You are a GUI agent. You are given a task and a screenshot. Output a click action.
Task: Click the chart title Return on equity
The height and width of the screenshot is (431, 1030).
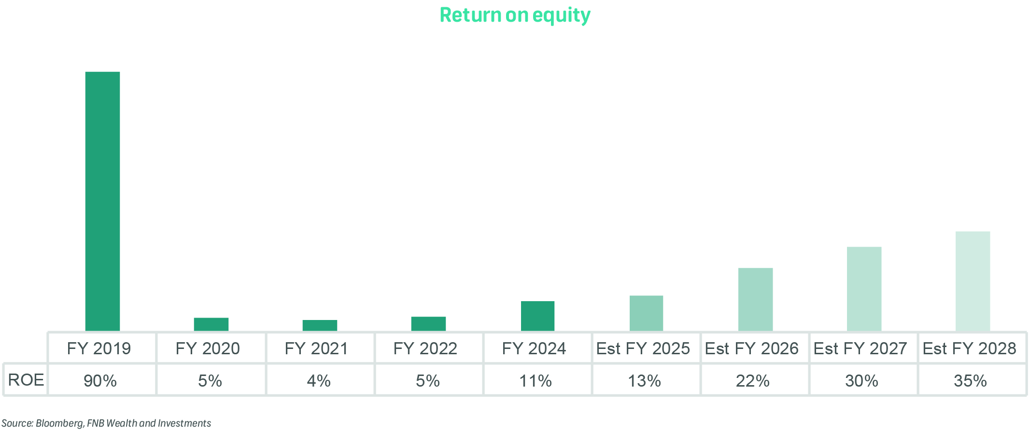[515, 15]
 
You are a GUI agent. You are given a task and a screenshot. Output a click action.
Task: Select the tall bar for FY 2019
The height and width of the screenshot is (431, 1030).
[102, 201]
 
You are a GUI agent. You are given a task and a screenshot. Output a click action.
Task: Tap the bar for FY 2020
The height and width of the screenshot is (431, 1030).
[211, 324]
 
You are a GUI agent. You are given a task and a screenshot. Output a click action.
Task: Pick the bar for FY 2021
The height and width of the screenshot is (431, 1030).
[320, 325]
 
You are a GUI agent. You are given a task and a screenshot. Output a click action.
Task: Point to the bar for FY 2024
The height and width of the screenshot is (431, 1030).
[537, 316]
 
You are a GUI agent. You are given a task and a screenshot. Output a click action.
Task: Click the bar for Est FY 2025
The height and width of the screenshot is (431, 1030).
[646, 313]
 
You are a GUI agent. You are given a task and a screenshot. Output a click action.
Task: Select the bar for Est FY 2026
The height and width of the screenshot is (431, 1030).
[755, 299]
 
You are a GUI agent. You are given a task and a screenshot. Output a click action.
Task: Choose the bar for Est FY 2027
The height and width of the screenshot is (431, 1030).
[864, 289]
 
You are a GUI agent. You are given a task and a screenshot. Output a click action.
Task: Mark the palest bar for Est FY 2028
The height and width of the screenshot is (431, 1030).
[973, 281]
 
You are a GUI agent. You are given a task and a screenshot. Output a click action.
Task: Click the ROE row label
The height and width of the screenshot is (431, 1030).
[26, 380]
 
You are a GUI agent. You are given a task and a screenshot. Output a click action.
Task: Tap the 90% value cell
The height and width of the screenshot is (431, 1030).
[100, 381]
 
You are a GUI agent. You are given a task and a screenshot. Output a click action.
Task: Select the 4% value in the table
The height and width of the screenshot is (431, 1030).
[319, 381]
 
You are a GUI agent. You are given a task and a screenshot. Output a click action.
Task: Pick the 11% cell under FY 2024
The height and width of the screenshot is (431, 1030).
[535, 381]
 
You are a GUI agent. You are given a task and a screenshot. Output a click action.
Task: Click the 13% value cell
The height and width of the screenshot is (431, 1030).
[644, 381]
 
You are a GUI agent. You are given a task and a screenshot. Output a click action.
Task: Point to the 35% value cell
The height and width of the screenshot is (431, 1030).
[970, 381]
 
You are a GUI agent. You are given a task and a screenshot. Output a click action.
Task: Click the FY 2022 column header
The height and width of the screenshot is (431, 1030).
[425, 348]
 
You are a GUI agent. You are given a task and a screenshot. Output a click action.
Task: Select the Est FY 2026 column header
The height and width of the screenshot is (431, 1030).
[751, 348]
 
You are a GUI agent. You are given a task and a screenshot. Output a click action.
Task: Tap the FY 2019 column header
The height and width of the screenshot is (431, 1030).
[99, 348]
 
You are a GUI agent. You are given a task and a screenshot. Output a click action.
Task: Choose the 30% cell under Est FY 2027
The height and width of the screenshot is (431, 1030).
[861, 381]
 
